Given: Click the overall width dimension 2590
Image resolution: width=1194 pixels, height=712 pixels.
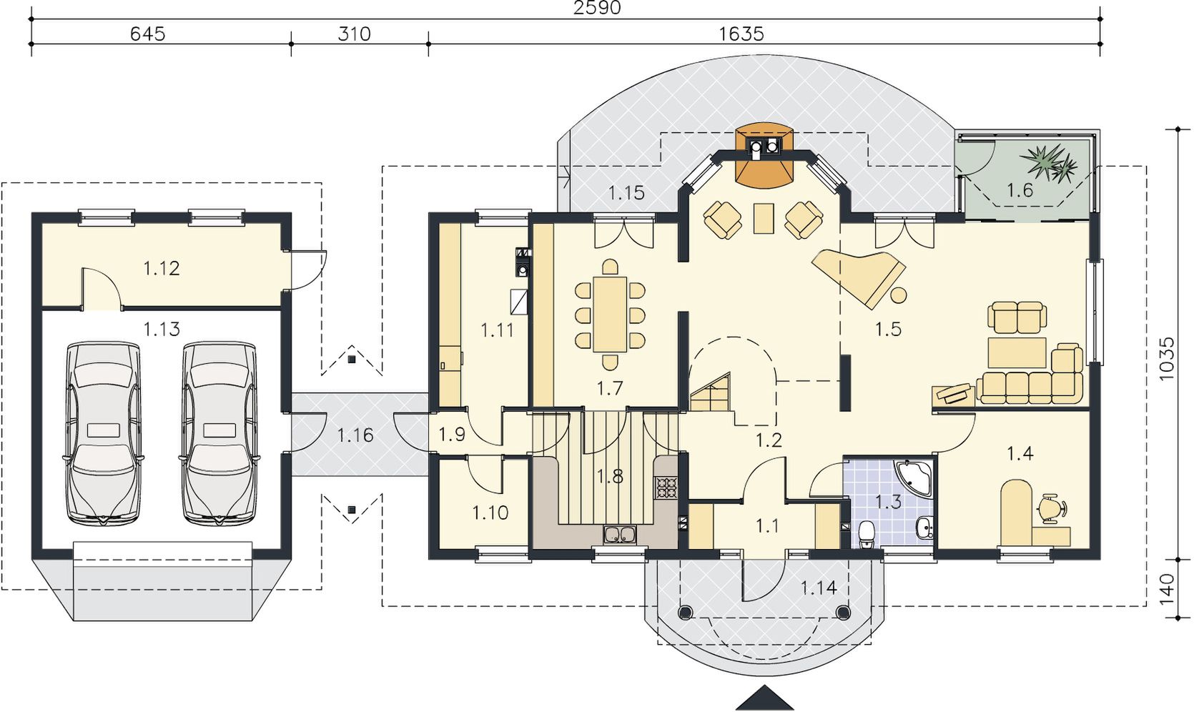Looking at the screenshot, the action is click(x=597, y=7).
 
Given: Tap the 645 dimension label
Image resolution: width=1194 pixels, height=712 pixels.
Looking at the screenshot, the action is click(x=148, y=34).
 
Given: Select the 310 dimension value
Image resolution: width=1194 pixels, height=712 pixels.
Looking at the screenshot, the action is click(x=354, y=34).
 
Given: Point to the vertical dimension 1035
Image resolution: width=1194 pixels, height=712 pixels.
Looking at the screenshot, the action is click(x=1166, y=358).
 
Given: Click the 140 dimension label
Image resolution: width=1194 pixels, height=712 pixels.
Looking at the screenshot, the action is click(x=1166, y=589).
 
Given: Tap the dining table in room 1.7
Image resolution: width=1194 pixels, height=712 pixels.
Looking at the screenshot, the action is click(x=610, y=314).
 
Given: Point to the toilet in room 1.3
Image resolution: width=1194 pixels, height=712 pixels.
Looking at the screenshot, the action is click(x=867, y=535).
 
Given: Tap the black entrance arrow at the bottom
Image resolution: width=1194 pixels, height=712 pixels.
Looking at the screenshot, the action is click(x=757, y=699).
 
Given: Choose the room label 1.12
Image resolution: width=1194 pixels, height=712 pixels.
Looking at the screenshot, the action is click(x=162, y=268).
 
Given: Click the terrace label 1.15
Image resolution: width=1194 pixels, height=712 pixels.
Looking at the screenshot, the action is click(x=627, y=192).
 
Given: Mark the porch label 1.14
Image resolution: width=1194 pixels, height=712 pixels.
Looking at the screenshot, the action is click(x=819, y=588).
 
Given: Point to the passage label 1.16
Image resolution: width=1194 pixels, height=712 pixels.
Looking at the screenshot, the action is click(x=355, y=435).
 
